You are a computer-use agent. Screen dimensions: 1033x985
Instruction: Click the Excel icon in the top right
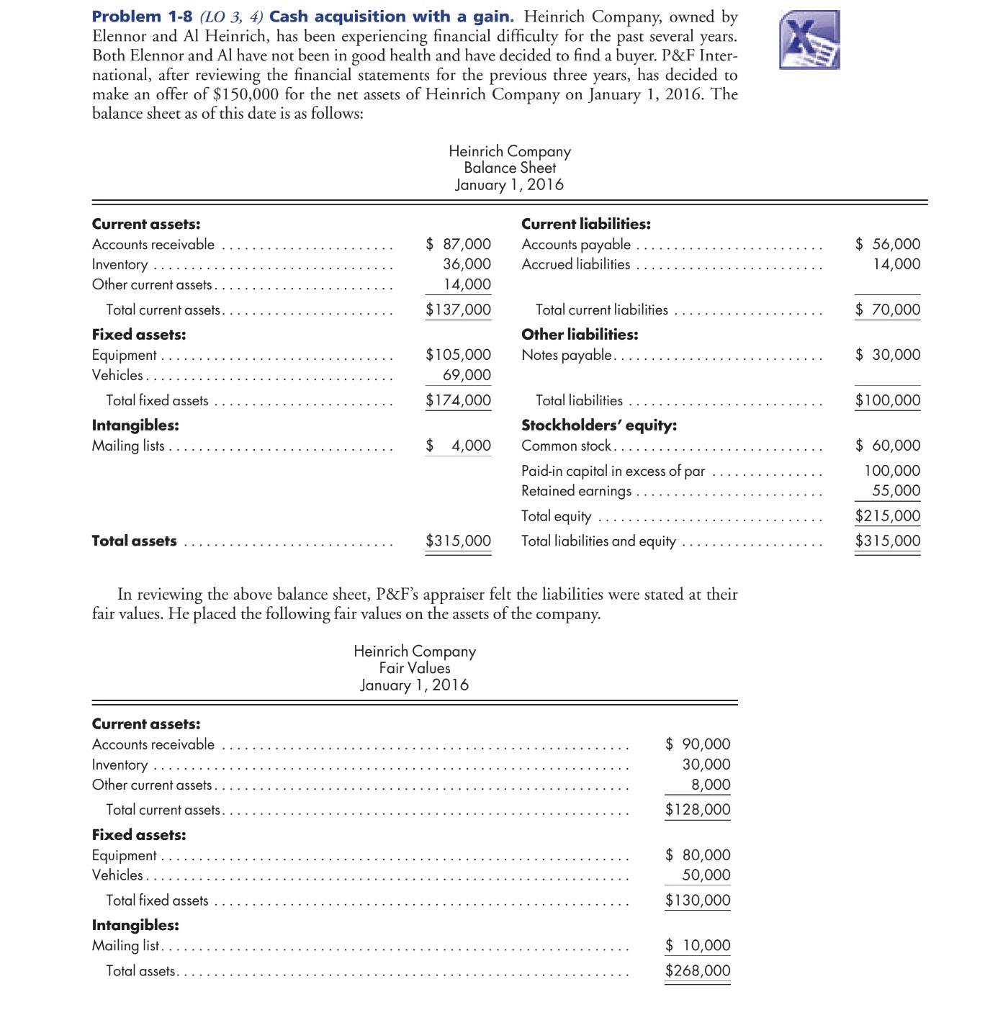pos(809,40)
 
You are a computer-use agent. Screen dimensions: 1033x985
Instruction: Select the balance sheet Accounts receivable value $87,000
pos(459,244)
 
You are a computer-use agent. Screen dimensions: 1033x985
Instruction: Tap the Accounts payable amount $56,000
pos(888,244)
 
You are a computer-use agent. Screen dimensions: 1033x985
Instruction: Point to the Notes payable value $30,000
pos(888,354)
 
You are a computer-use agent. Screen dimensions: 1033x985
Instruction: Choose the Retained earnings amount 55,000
pos(896,490)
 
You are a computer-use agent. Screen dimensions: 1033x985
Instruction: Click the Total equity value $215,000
pos(888,515)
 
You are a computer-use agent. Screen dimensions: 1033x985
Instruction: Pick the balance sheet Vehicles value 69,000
pos(467,375)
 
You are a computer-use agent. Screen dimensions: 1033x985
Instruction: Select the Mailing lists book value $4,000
pos(459,446)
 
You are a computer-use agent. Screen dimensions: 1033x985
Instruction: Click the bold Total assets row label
pos(134,541)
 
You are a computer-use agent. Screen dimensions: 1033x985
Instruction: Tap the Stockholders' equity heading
pos(598,425)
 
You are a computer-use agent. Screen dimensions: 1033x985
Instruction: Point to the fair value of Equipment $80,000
pos(698,855)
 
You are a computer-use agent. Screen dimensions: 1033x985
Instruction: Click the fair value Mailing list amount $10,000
pos(698,945)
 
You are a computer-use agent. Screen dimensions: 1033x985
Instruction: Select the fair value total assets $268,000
pos(698,970)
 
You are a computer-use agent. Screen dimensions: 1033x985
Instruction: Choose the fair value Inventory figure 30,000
pos(706,764)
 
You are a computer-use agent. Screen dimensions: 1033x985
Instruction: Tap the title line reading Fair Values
pos(414,668)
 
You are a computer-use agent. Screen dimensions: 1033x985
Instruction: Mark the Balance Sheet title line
pos(509,168)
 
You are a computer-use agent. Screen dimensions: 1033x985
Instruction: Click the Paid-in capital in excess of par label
pos(613,471)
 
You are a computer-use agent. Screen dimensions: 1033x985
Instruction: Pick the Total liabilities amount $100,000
pos(888,400)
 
